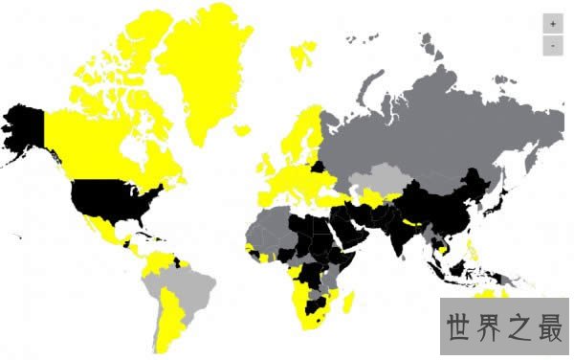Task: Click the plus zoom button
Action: tap(552, 24)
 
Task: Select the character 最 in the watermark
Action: tap(549, 326)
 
